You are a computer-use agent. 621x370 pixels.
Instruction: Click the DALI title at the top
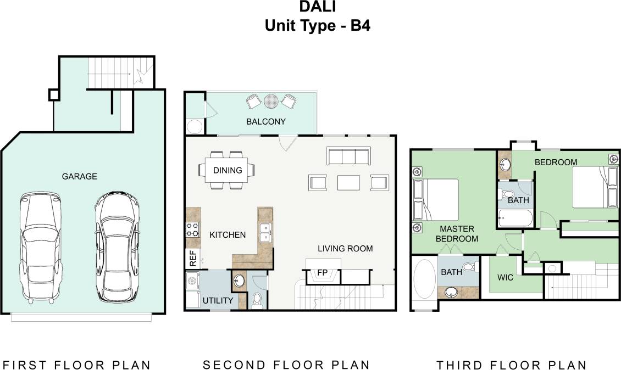318,7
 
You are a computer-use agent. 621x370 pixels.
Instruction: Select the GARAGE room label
79,176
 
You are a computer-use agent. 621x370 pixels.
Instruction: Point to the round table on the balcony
270,101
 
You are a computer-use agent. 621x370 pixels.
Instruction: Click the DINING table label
228,170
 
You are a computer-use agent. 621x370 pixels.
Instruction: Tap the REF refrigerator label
193,259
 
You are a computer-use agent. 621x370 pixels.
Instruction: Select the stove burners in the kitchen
192,229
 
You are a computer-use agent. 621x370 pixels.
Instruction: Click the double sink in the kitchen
265,233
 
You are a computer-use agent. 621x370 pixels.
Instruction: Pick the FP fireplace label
322,272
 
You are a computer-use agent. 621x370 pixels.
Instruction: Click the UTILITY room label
218,300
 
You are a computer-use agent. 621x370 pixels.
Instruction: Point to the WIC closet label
505,277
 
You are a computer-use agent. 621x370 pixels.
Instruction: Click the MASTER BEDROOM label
457,233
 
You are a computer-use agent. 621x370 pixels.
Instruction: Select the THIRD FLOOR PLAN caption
511,365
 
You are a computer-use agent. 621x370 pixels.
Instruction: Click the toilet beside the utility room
257,300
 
